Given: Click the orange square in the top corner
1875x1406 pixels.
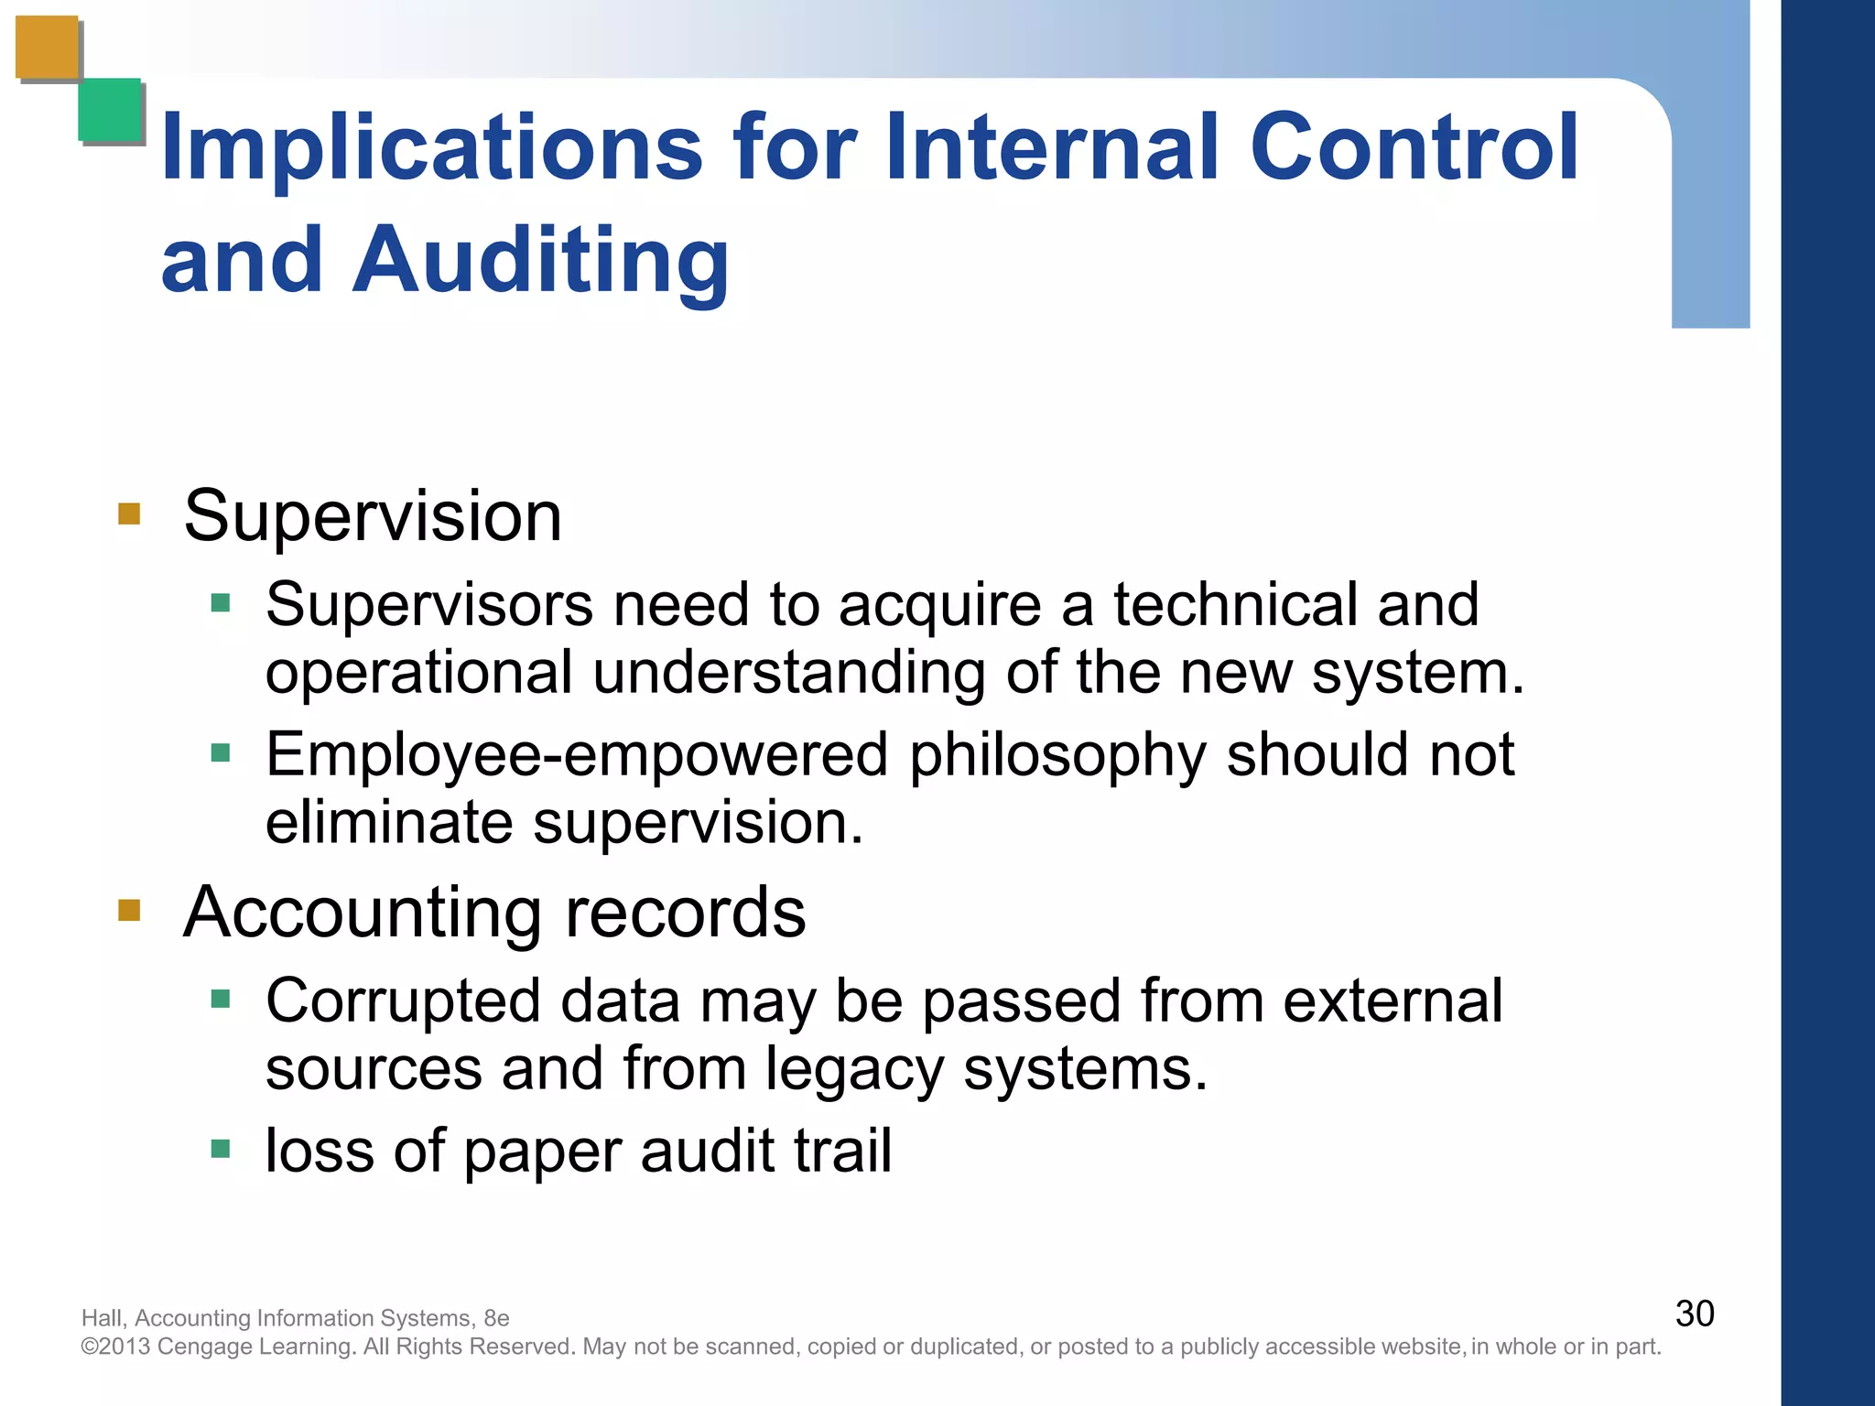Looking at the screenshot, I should coord(48,48).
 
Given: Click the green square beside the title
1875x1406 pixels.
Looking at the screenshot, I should coord(110,110).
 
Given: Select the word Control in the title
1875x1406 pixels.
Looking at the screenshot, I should coord(1414,146).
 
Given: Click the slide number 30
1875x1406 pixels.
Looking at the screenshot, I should coord(1694,1314).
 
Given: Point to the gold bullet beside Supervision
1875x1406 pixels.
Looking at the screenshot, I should coord(129,514).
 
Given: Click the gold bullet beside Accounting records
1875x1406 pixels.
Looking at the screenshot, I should coord(129,910).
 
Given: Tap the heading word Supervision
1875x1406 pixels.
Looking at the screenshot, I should coord(373,516).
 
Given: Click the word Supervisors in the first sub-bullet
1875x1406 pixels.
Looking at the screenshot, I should coord(429,605).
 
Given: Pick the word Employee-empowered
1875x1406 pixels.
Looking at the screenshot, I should coord(577,756).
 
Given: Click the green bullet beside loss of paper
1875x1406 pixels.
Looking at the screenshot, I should coord(221,1149).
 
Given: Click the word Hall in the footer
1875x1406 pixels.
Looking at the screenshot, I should coord(102,1318).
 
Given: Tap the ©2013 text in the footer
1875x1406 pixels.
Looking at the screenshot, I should coord(116,1347).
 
